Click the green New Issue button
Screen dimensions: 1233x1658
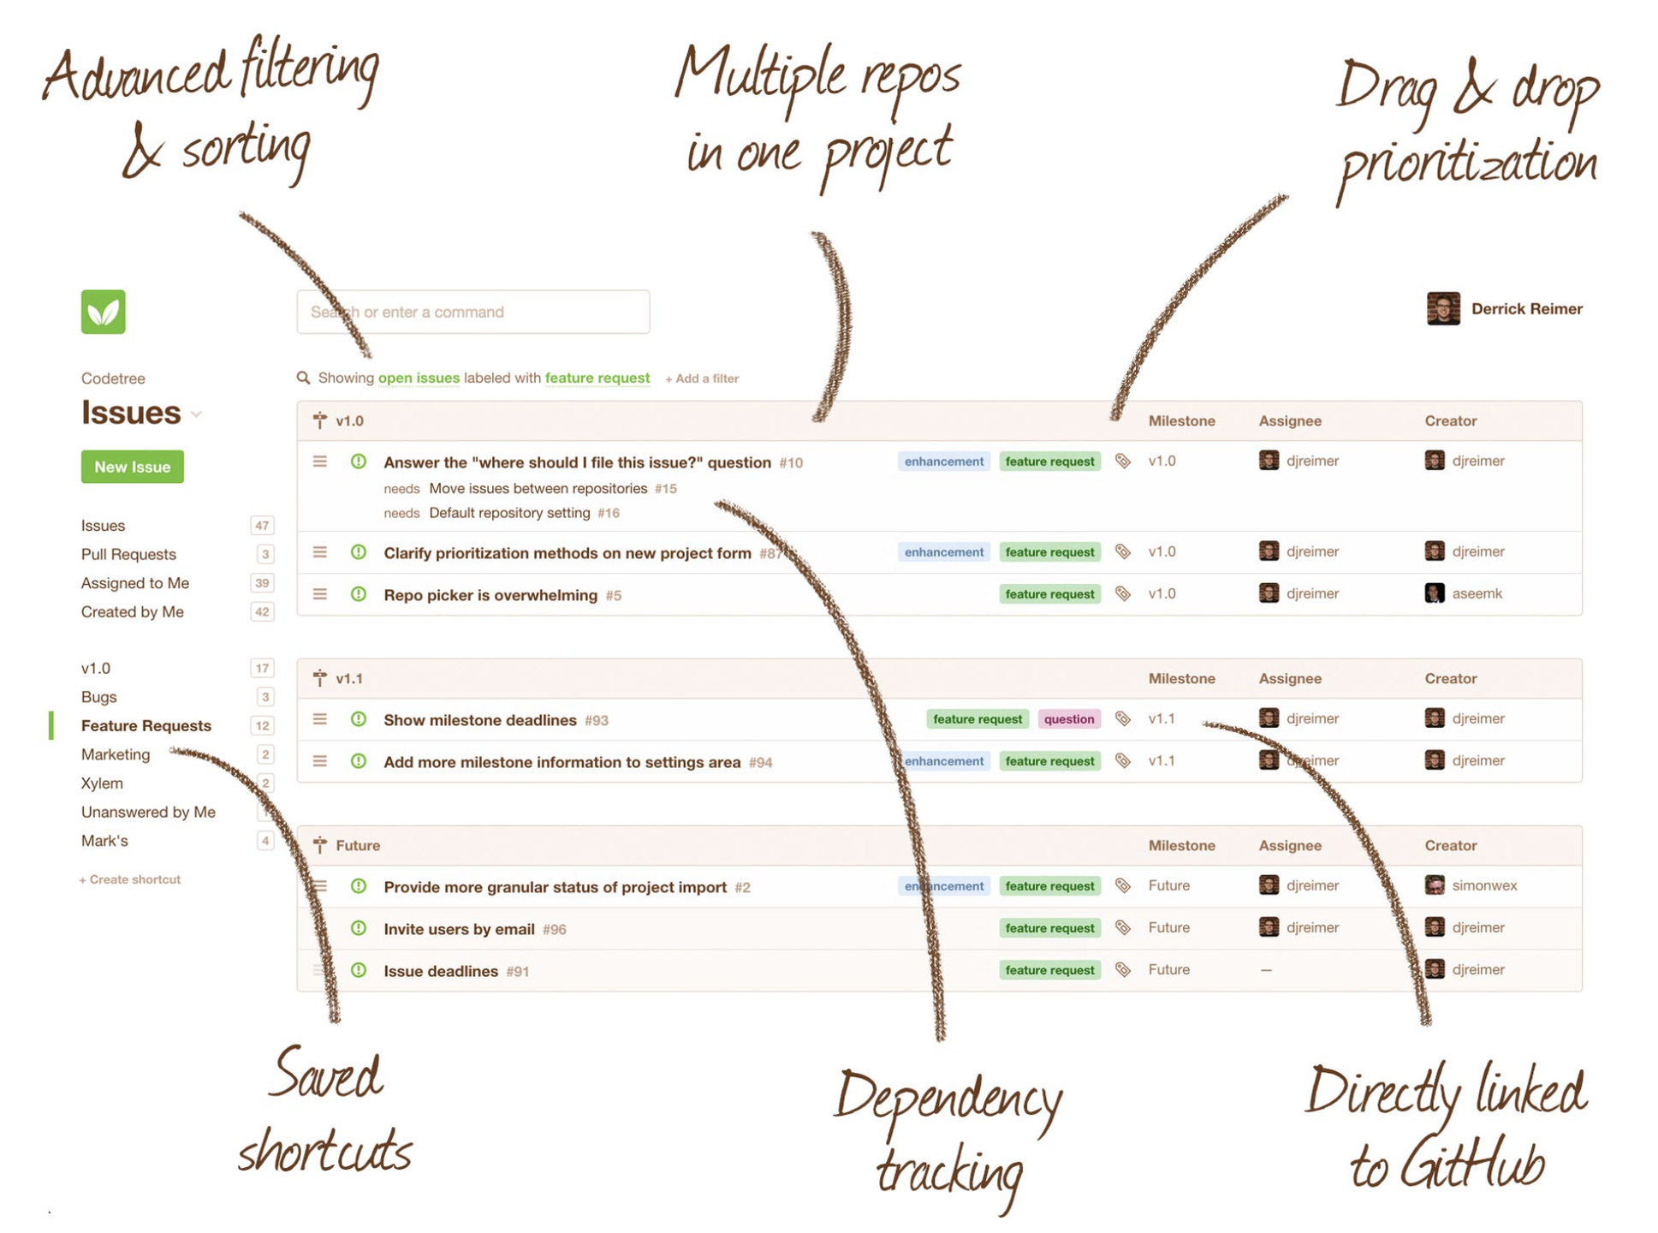[x=132, y=467]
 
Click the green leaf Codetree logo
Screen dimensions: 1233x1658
[x=103, y=312]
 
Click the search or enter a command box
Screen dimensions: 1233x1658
[x=472, y=312]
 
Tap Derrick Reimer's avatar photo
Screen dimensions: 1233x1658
[x=1442, y=309]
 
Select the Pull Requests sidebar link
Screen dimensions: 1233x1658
[x=128, y=554]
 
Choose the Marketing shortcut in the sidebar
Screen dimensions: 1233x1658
[x=116, y=754]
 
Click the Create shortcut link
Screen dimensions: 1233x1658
[x=130, y=879]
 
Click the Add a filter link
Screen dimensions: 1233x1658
[x=702, y=378]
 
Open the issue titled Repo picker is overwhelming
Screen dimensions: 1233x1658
[x=490, y=595]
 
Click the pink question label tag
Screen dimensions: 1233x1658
[x=1068, y=719]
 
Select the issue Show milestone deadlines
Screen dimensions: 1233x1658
[x=479, y=720]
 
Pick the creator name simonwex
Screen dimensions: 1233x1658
[x=1484, y=885]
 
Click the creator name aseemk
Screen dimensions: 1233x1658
[x=1477, y=593]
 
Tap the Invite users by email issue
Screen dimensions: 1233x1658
[x=459, y=929]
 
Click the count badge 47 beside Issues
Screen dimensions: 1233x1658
[x=262, y=526]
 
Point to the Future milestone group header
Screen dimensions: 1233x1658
[x=358, y=846]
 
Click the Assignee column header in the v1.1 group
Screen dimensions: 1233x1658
[x=1289, y=679]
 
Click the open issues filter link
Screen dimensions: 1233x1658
[x=419, y=378]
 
